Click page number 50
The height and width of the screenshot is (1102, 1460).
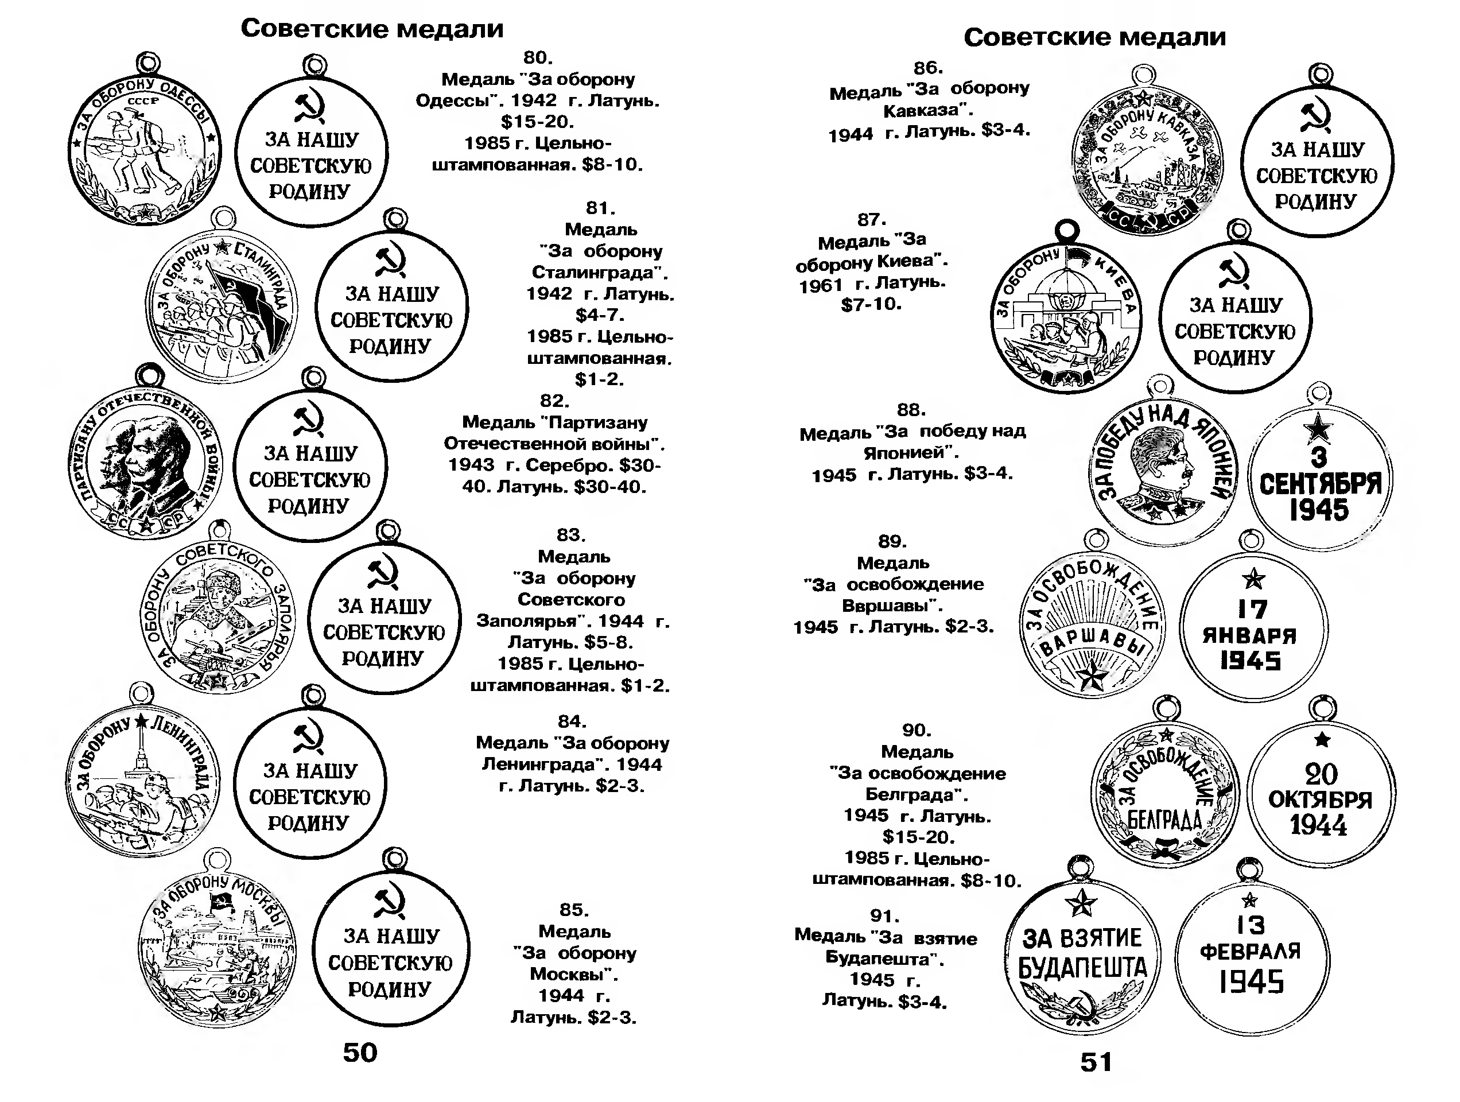click(360, 1053)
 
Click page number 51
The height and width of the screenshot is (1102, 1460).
click(1096, 1062)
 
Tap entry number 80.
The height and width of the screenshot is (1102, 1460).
click(538, 57)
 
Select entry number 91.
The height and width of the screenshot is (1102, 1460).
click(884, 916)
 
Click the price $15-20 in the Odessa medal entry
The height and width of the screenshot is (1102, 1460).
click(537, 122)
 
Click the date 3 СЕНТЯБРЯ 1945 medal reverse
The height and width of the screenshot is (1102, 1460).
click(1319, 478)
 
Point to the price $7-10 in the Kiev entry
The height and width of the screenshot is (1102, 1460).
click(871, 304)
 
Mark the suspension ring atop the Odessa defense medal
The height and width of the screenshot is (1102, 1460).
click(148, 64)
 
